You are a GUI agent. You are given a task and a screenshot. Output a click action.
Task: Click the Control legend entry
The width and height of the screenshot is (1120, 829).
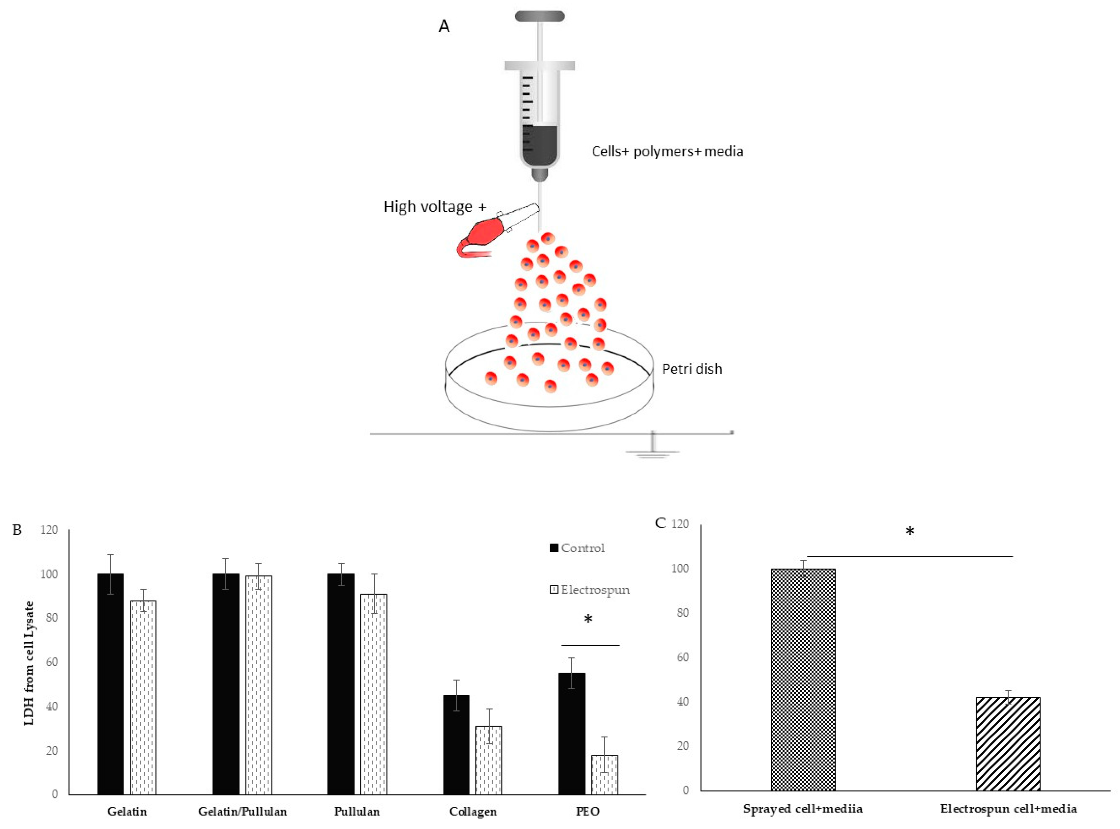point(577,548)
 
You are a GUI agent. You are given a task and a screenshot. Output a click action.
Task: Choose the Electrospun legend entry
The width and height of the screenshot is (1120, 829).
point(590,590)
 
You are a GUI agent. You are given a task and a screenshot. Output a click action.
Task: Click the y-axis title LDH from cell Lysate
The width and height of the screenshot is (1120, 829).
point(30,662)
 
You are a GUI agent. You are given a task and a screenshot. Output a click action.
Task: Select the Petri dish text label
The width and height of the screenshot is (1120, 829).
point(692,369)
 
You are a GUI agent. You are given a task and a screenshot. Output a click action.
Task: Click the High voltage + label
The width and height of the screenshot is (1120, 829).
point(435,207)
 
